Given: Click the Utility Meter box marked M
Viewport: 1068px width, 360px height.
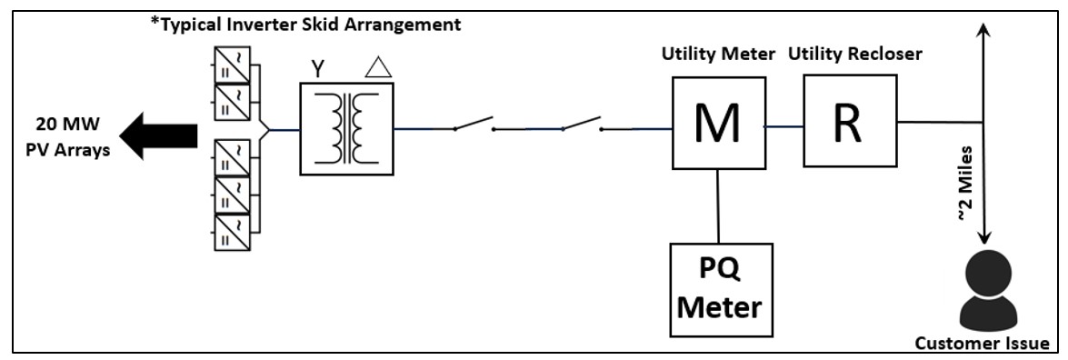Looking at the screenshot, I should pos(718,123).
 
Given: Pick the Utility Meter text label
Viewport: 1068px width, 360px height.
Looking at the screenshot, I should pos(718,54).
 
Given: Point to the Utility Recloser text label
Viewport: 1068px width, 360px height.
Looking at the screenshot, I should pos(855,54).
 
